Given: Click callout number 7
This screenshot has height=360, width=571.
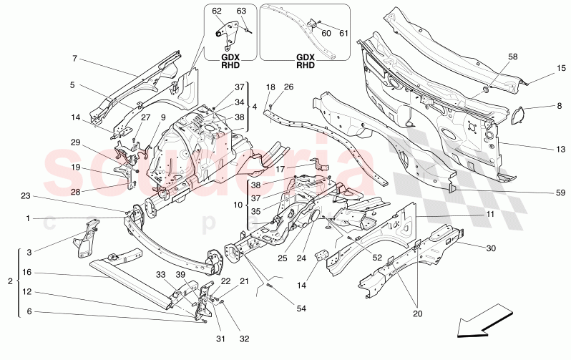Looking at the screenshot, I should tap(74, 59).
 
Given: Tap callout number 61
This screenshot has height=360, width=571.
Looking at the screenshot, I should tap(343, 33).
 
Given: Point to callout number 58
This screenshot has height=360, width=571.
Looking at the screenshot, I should tap(512, 55).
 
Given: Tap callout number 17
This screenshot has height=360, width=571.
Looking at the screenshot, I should tap(281, 170).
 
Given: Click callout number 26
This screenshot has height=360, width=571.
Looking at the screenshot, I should tap(288, 88).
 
